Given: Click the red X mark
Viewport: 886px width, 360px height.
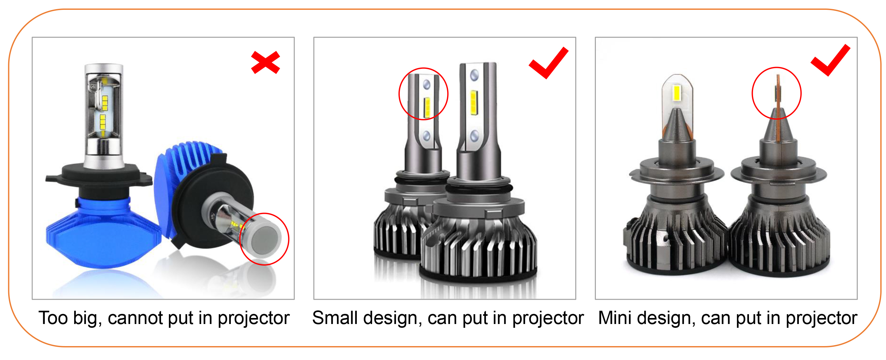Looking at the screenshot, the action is pyautogui.click(x=266, y=62).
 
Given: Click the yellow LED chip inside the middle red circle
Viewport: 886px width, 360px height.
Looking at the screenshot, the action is pyautogui.click(x=427, y=107).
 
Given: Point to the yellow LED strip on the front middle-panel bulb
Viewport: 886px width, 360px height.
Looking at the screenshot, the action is pyautogui.click(x=474, y=102).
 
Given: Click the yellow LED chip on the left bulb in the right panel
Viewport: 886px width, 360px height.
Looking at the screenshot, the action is pyautogui.click(x=677, y=93).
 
